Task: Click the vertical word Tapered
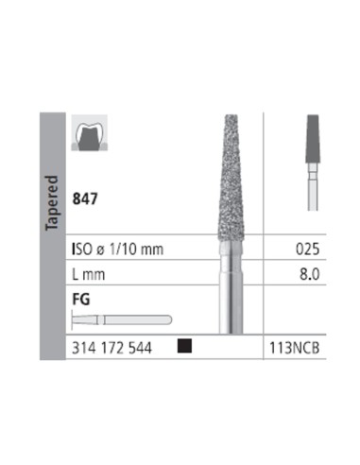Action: [x=52, y=203]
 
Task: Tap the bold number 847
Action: [x=85, y=198]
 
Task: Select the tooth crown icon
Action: [x=90, y=132]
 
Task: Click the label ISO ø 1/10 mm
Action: [x=118, y=250]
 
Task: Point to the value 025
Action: [x=307, y=250]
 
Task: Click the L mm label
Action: [x=89, y=274]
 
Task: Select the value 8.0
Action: [x=309, y=274]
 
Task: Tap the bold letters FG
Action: [x=81, y=299]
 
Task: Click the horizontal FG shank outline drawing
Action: [x=122, y=319]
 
